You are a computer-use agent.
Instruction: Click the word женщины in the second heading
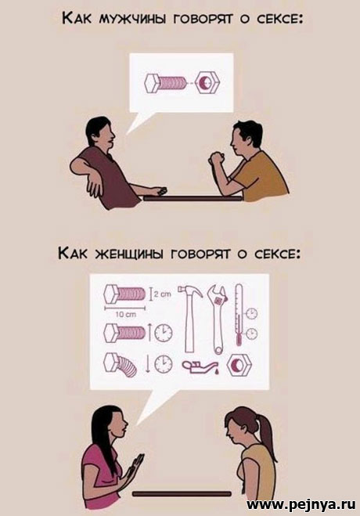click(129, 254)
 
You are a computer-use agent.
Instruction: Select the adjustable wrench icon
click(218, 319)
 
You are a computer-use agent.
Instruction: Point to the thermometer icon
click(239, 314)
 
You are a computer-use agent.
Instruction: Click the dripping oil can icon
click(200, 366)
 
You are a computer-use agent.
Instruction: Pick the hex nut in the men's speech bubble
click(207, 82)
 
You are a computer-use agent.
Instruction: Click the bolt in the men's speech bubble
click(166, 83)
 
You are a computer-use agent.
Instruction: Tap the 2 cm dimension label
click(163, 295)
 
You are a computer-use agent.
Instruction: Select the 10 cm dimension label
click(125, 315)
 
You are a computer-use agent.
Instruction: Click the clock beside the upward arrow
click(164, 332)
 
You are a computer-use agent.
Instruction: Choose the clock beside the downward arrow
click(164, 364)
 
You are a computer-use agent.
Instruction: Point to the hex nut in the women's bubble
click(239, 365)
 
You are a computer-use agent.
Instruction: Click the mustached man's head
click(100, 132)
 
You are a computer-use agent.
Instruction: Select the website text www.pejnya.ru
click(301, 503)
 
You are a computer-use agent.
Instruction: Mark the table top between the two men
click(193, 198)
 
